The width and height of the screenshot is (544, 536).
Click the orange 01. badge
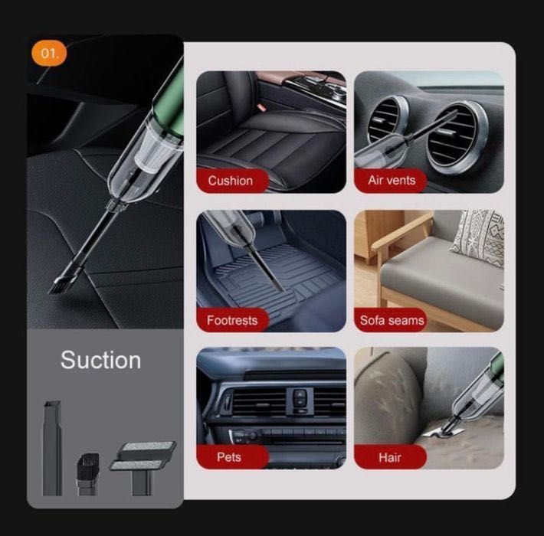(49, 54)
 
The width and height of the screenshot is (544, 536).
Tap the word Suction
(100, 360)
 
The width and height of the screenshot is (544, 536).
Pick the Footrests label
(232, 320)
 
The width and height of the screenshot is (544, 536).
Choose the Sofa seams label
(391, 320)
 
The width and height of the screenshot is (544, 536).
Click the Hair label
(390, 457)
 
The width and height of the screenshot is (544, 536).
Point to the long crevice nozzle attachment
(52, 448)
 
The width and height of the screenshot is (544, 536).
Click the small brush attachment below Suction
(87, 473)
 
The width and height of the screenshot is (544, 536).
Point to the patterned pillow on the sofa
(478, 237)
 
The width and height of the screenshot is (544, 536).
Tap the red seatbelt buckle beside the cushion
(261, 106)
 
